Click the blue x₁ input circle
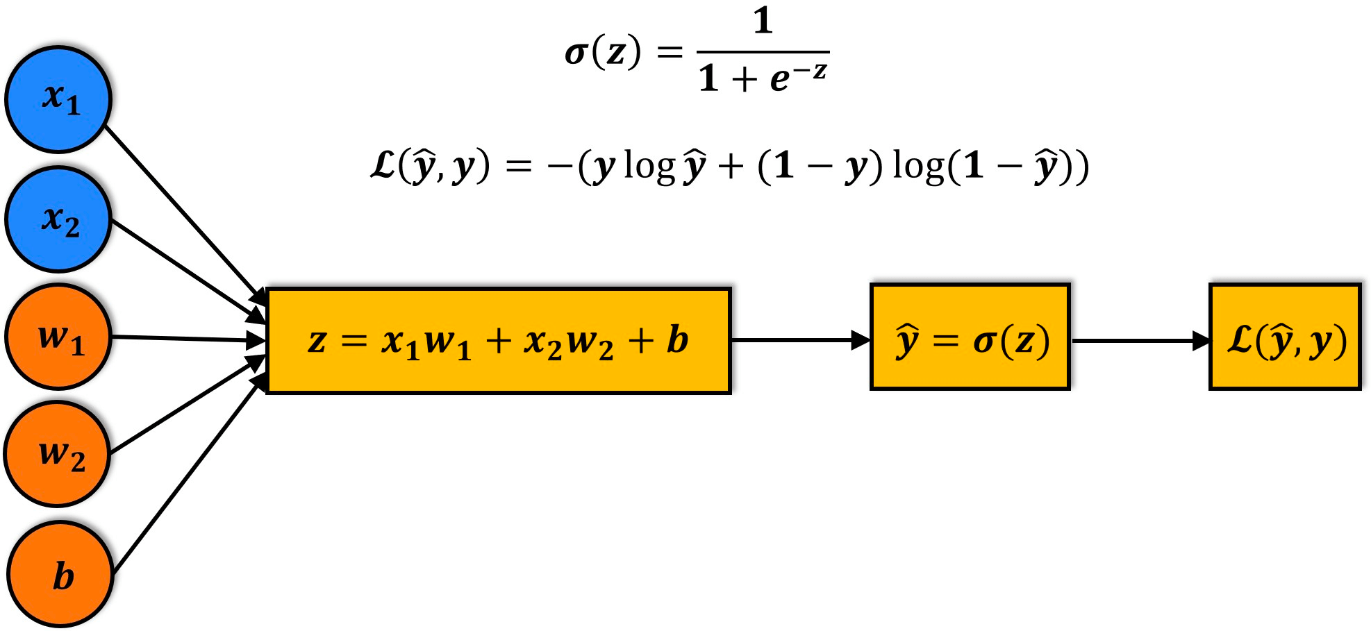click(x=59, y=99)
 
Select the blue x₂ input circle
click(x=58, y=219)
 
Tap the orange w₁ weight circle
click(x=58, y=337)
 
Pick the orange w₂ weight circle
click(x=58, y=454)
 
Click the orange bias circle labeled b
click(x=60, y=575)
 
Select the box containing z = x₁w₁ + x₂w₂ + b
click(x=499, y=341)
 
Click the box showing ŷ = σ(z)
click(x=970, y=337)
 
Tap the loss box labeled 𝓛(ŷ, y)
click(x=1285, y=337)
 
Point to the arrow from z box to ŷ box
click(x=801, y=340)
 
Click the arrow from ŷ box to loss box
click(x=1140, y=341)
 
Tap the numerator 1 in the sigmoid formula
click(x=763, y=21)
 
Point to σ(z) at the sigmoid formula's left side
click(x=603, y=53)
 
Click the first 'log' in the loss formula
click(x=650, y=167)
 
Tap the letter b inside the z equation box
click(x=677, y=340)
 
